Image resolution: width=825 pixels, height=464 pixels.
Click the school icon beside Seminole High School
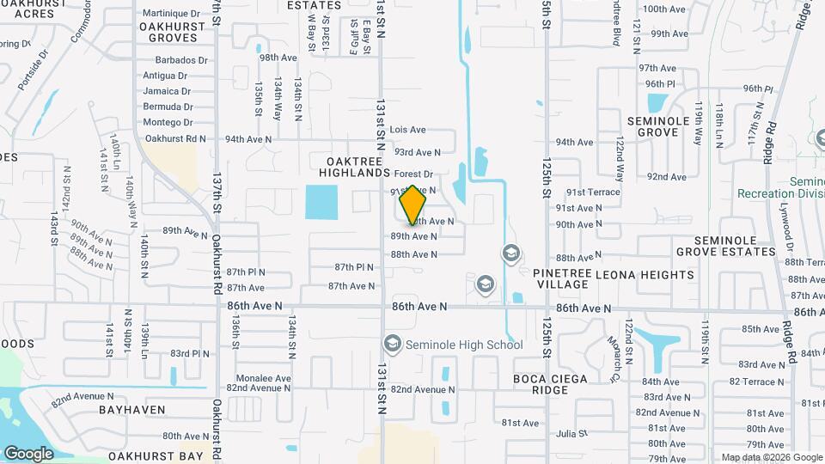pos(393,345)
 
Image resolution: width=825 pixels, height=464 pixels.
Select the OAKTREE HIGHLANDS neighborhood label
pos(358,167)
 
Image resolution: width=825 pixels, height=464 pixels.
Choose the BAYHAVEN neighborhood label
pos(131,410)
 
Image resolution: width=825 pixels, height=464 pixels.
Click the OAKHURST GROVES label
pos(173,32)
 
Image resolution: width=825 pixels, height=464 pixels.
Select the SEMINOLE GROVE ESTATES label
pos(726,246)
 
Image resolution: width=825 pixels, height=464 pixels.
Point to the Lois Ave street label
pos(407,130)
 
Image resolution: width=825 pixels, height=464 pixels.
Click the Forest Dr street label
pos(413,174)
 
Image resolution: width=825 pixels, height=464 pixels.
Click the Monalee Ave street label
pos(265,377)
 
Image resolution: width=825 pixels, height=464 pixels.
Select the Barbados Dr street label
pos(181,60)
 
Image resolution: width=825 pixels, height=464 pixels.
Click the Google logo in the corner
pos(28,453)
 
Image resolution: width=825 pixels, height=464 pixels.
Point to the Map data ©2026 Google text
pos(771,457)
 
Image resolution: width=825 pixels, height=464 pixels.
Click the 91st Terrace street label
pos(592,192)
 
